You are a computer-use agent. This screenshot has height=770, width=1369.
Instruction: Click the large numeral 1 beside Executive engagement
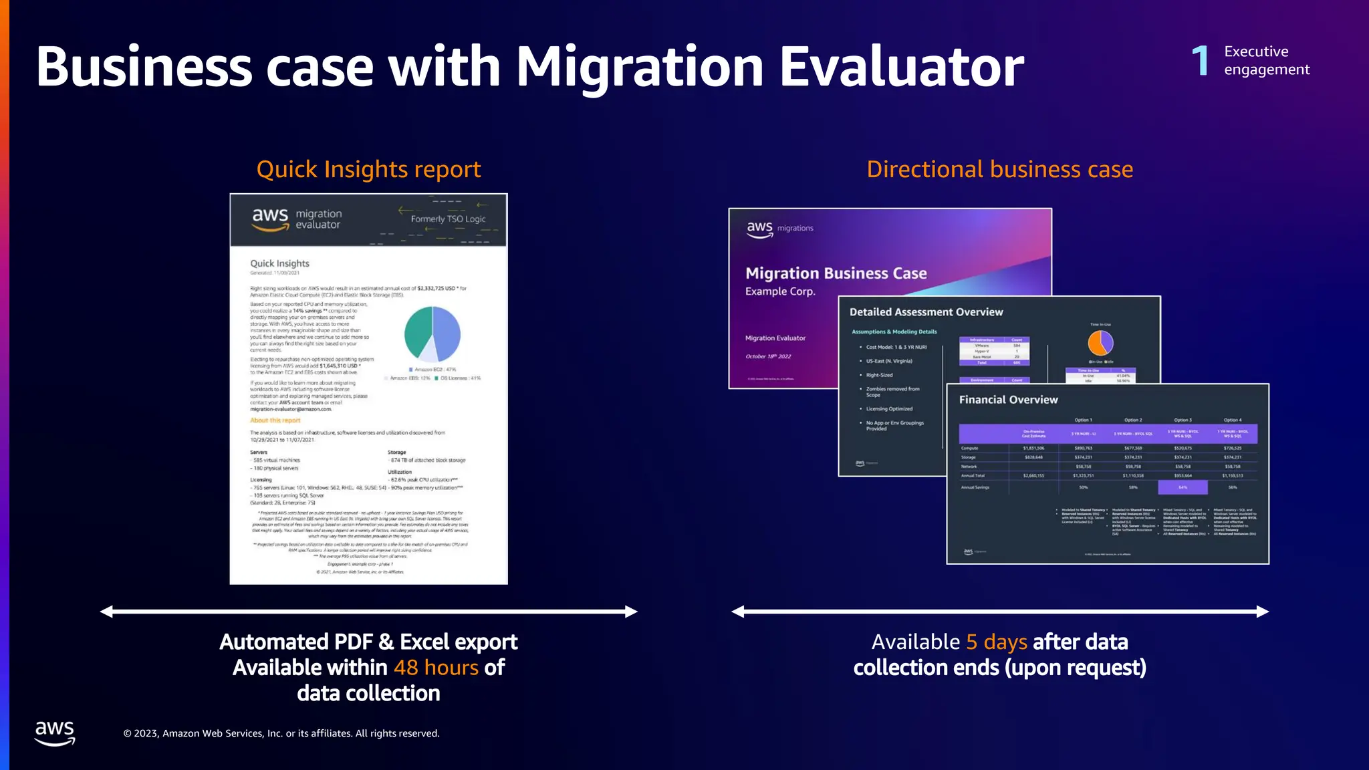(1201, 61)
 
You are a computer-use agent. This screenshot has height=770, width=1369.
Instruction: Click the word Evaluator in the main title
(901, 67)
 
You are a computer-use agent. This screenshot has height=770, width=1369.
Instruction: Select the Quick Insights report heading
(368, 170)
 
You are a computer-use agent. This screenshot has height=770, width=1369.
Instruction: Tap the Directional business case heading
(999, 170)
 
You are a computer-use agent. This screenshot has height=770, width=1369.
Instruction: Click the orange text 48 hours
(436, 668)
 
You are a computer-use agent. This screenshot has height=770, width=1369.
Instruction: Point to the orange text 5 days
(996, 642)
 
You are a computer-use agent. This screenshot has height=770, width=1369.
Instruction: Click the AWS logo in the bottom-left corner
(55, 733)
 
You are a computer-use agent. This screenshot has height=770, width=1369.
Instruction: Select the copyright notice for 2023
(281, 733)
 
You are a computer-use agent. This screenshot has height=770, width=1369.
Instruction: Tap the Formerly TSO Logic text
(448, 219)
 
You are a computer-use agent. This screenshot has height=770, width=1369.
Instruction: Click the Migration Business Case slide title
(836, 273)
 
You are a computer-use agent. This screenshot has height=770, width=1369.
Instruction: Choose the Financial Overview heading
(1008, 400)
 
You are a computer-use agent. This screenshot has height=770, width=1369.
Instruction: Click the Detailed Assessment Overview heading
(926, 312)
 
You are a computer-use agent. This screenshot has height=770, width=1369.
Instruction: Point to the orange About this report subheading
(275, 420)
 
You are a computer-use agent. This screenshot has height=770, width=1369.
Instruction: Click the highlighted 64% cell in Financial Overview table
(1183, 487)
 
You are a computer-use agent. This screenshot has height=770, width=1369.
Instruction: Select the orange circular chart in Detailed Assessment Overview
(1100, 343)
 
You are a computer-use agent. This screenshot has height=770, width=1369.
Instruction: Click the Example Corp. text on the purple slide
(780, 291)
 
